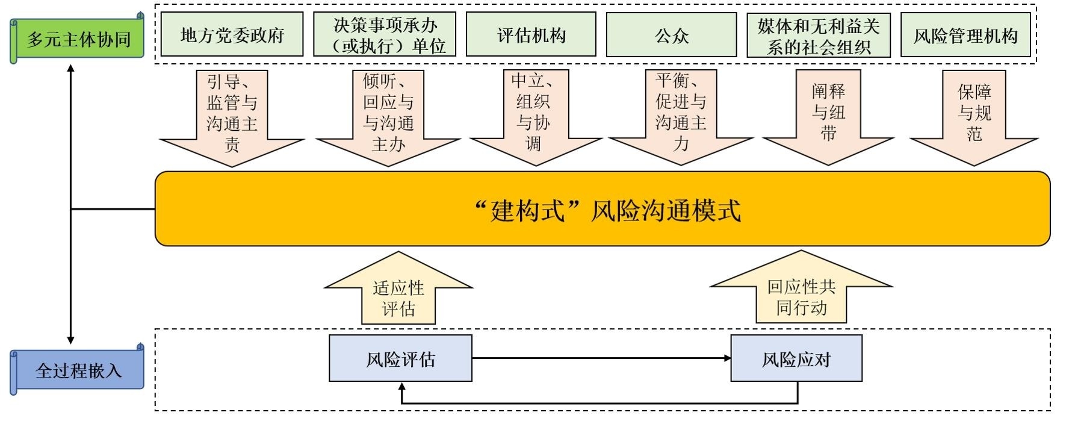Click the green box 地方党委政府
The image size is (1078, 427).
(x=232, y=35)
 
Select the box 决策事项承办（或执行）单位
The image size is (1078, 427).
(x=385, y=35)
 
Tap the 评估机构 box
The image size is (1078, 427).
(x=531, y=35)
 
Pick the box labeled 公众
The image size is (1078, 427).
(x=671, y=35)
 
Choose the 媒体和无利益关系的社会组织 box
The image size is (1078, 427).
(x=819, y=35)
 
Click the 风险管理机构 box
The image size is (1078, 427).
(x=965, y=35)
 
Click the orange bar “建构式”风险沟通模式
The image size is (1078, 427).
(x=603, y=209)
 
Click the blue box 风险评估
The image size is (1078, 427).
(x=400, y=359)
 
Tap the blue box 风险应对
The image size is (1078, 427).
(x=796, y=359)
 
